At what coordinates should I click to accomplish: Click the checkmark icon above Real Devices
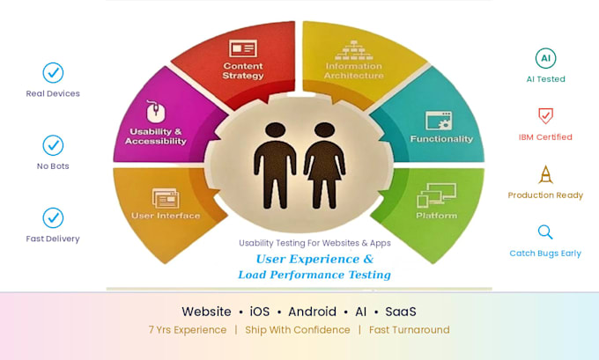point(53,72)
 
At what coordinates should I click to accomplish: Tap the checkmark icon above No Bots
point(53,145)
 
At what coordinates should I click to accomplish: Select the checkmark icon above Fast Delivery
point(53,217)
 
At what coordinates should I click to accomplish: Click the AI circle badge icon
point(545,58)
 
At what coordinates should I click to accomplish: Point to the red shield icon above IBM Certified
point(545,115)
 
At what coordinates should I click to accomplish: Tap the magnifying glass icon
point(545,232)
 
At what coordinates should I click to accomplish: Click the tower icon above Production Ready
point(545,174)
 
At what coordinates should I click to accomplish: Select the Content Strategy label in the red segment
point(243,70)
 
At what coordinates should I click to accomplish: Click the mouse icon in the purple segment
point(156,112)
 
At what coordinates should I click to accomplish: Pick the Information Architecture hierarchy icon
point(354,50)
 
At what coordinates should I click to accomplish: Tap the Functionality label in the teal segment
point(441,139)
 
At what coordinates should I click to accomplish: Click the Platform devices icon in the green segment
point(436,195)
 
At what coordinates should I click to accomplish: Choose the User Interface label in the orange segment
point(166,216)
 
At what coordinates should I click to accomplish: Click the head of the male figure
point(276,129)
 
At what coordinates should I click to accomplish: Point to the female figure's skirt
point(325,169)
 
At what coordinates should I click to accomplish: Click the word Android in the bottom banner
point(312,312)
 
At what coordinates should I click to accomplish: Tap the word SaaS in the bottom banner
point(400,312)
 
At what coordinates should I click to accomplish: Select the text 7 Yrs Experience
point(188,330)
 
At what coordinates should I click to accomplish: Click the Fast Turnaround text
point(409,330)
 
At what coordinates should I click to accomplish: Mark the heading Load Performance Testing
point(314,275)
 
